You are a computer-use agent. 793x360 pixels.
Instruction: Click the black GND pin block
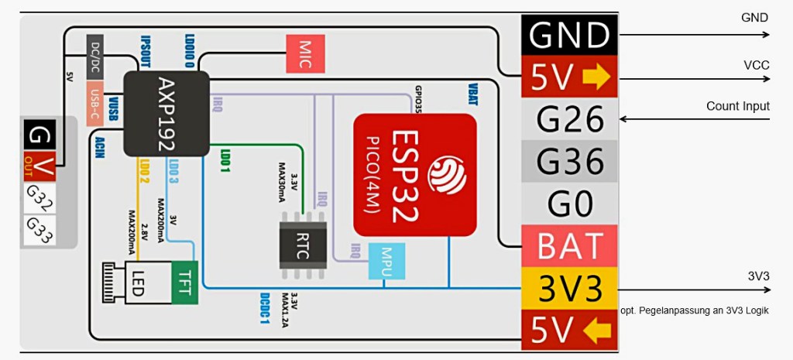pos(568,35)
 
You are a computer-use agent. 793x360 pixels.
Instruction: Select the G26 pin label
pos(569,119)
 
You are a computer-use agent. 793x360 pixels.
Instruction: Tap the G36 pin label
pos(569,161)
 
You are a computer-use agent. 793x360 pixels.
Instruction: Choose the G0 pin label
pos(569,204)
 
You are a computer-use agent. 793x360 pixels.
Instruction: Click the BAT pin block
pos(569,246)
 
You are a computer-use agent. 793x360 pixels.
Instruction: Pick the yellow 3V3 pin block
pos(569,288)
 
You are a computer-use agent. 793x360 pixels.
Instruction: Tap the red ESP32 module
pos(414,174)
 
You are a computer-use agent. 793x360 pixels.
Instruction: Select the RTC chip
pos(303,244)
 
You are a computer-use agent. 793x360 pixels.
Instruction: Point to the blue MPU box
pos(381,262)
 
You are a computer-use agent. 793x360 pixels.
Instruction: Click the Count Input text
pos(737,107)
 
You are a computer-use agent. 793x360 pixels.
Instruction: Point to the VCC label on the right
pos(756,66)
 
